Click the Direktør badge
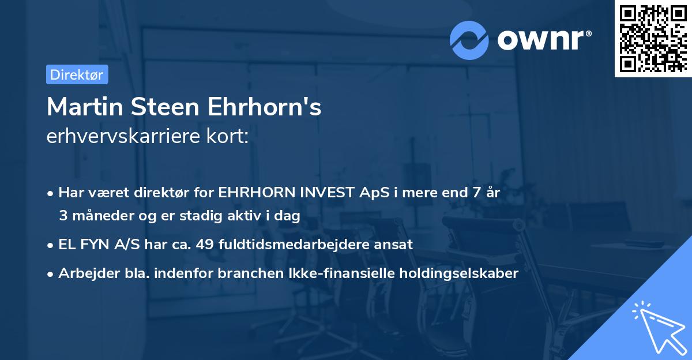[x=77, y=74]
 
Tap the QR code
[x=653, y=39]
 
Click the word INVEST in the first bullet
[x=328, y=193]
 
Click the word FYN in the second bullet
[x=92, y=244]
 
